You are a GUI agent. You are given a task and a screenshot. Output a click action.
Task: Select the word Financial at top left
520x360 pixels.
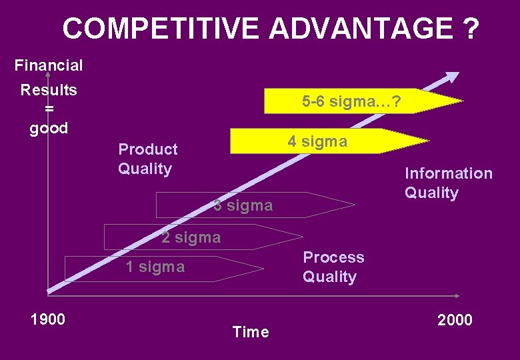pyautogui.click(x=49, y=65)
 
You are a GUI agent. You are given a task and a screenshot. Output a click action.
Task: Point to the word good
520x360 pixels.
pyautogui.click(x=49, y=128)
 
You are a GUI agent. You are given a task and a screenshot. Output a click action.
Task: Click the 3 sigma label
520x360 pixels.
pyautogui.click(x=243, y=205)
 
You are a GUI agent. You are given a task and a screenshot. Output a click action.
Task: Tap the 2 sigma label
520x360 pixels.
pyautogui.click(x=191, y=237)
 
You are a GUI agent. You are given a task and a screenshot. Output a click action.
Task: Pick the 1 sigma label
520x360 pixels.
pyautogui.click(x=155, y=267)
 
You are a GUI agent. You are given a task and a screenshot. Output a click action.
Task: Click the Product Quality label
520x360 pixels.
pyautogui.click(x=148, y=159)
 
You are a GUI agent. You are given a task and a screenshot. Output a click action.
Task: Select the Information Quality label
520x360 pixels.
pyautogui.click(x=448, y=183)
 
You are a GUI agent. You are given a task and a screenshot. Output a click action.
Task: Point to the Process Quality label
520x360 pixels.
pyautogui.click(x=333, y=267)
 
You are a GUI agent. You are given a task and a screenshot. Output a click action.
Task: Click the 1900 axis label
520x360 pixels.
pyautogui.click(x=48, y=319)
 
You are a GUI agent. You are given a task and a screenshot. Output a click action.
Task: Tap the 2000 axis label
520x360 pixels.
pyautogui.click(x=455, y=320)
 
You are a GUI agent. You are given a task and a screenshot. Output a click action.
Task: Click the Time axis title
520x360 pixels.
pyautogui.click(x=251, y=332)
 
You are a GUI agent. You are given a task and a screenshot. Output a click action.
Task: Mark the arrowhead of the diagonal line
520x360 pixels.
pyautogui.click(x=453, y=76)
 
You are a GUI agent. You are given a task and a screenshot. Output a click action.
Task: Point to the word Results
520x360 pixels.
pyautogui.click(x=49, y=90)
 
